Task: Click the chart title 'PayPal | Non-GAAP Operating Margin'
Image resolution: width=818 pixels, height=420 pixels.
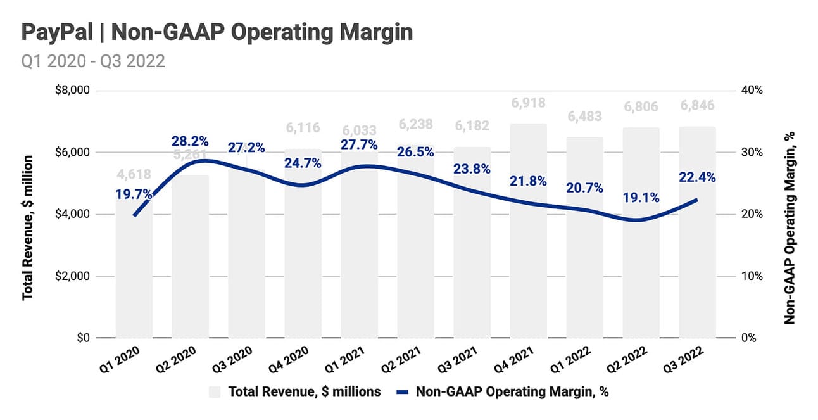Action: click(x=217, y=32)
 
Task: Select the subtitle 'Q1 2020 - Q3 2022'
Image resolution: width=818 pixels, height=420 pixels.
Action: click(x=94, y=61)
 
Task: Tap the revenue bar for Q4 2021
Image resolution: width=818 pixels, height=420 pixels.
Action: click(x=529, y=266)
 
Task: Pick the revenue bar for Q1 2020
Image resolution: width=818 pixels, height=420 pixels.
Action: click(x=134, y=279)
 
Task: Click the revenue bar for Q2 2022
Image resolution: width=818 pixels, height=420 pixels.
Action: click(x=641, y=279)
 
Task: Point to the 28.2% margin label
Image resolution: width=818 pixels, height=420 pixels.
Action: click(x=189, y=141)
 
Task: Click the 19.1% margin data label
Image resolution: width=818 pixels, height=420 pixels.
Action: click(x=640, y=198)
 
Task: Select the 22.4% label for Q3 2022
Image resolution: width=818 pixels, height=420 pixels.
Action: click(x=696, y=178)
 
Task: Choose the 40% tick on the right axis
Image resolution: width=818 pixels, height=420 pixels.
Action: click(x=752, y=90)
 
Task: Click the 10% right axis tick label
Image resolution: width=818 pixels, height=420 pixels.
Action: click(x=752, y=276)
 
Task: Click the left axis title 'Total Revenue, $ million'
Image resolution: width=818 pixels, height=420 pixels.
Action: click(x=28, y=227)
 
